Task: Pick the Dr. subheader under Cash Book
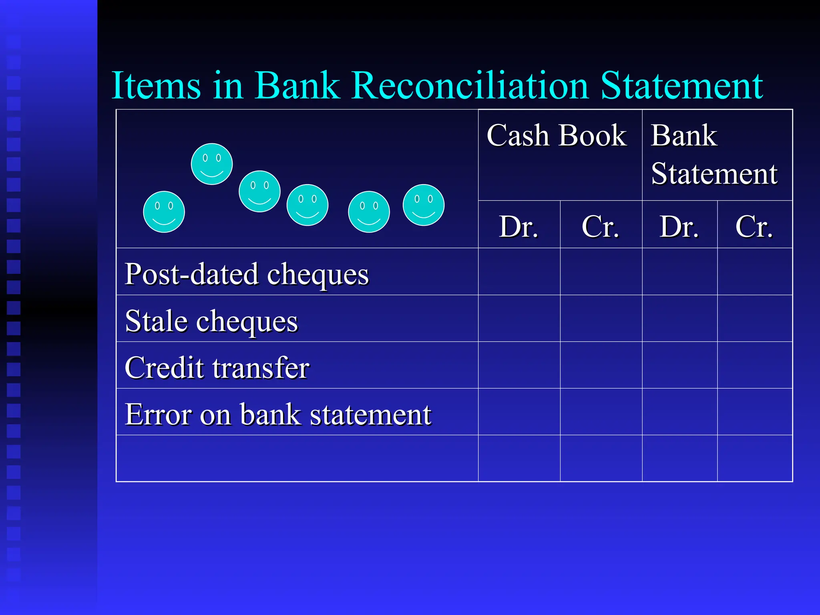(x=519, y=227)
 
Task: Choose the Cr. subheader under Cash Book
(x=600, y=227)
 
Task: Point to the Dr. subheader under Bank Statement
(x=679, y=227)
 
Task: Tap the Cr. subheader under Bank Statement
(x=754, y=227)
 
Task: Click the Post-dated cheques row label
(x=247, y=274)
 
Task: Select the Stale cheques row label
(x=211, y=321)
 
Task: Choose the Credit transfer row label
(x=217, y=368)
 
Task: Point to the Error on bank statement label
(x=278, y=414)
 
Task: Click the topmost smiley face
(x=212, y=164)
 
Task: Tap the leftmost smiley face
(x=164, y=212)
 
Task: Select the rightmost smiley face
(x=424, y=205)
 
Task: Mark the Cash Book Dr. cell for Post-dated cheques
(x=519, y=271)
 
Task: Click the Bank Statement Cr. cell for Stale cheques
(x=755, y=318)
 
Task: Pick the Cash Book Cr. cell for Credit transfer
(x=601, y=365)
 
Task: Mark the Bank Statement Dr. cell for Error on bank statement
(x=679, y=412)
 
